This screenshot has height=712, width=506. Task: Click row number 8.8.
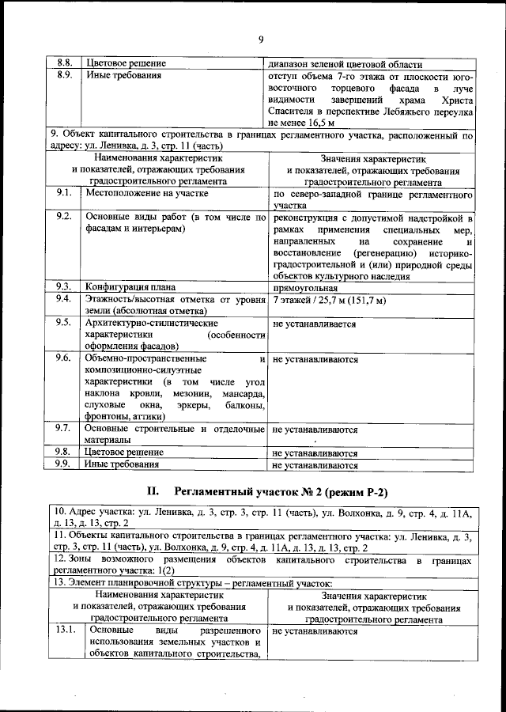click(x=65, y=64)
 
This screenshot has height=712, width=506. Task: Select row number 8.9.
click(x=65, y=76)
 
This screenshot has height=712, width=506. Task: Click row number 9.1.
click(x=65, y=193)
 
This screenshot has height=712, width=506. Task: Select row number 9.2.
click(x=65, y=217)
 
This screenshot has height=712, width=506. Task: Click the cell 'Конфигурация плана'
click(x=130, y=286)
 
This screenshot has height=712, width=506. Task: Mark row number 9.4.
click(x=65, y=299)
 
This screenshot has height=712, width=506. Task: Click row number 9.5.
click(x=65, y=323)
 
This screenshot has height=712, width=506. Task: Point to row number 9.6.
click(x=65, y=358)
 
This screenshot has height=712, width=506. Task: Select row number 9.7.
click(x=65, y=429)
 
